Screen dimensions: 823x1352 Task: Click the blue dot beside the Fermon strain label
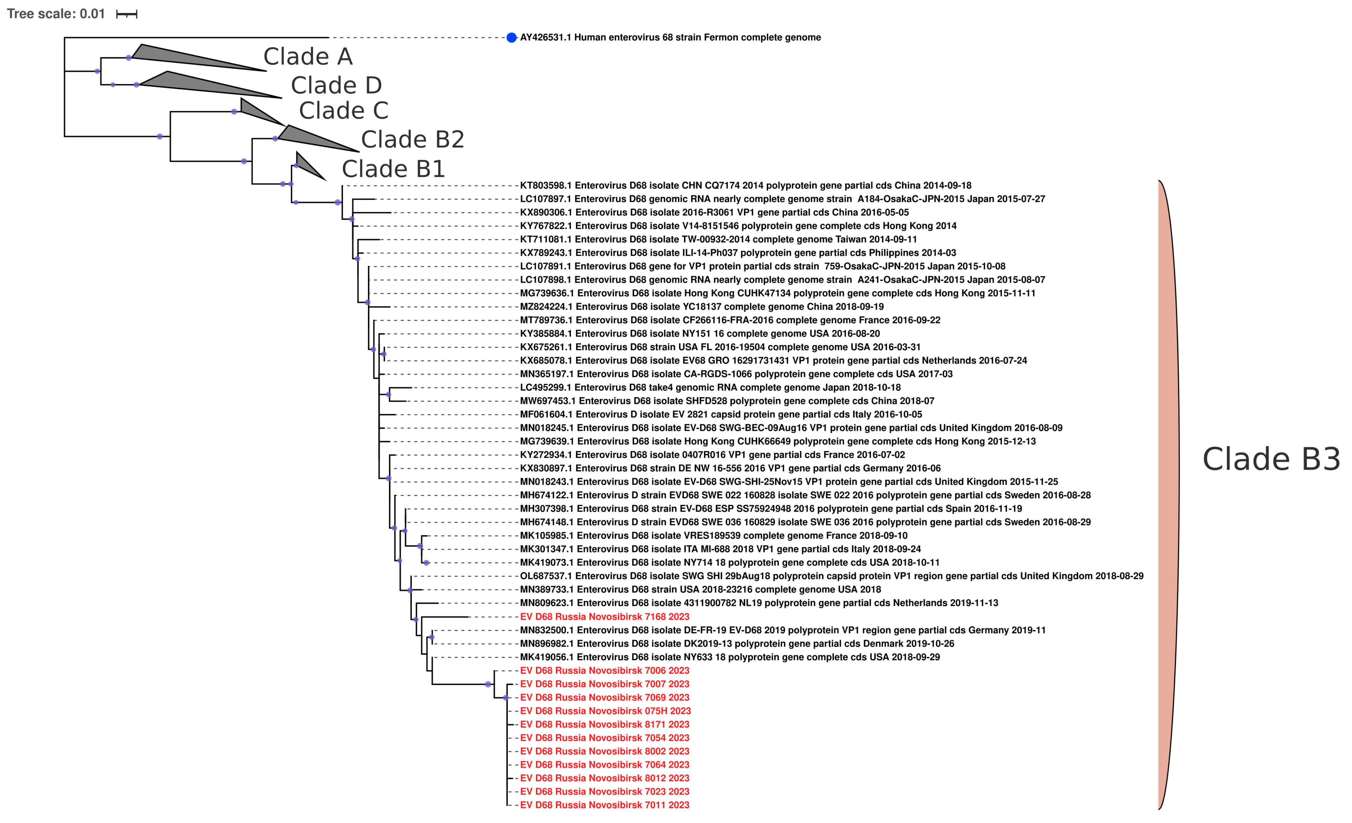[x=511, y=37]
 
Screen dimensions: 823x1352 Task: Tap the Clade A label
[x=308, y=56]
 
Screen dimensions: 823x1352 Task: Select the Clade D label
[x=336, y=85]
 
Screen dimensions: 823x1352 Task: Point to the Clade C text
[x=344, y=111]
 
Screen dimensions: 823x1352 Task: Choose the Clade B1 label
[x=393, y=169]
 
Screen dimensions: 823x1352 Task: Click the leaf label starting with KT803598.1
[x=745, y=185]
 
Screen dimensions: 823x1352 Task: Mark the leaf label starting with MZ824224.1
[x=702, y=307]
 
